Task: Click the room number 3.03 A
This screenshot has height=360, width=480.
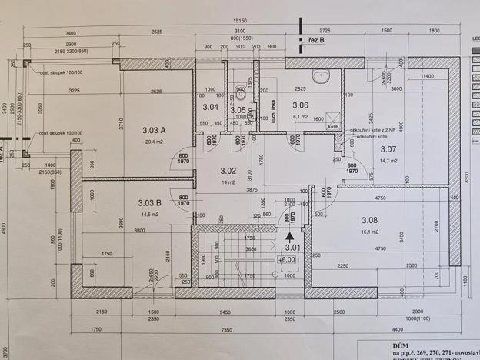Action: (153, 130)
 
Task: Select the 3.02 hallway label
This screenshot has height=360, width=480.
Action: (228, 171)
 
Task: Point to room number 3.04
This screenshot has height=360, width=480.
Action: (210, 107)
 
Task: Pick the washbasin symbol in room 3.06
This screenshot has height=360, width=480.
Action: (322, 75)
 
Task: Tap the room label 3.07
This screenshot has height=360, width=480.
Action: (387, 148)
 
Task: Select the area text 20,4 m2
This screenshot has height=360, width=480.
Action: (155, 142)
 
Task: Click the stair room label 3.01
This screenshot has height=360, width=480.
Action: (292, 248)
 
